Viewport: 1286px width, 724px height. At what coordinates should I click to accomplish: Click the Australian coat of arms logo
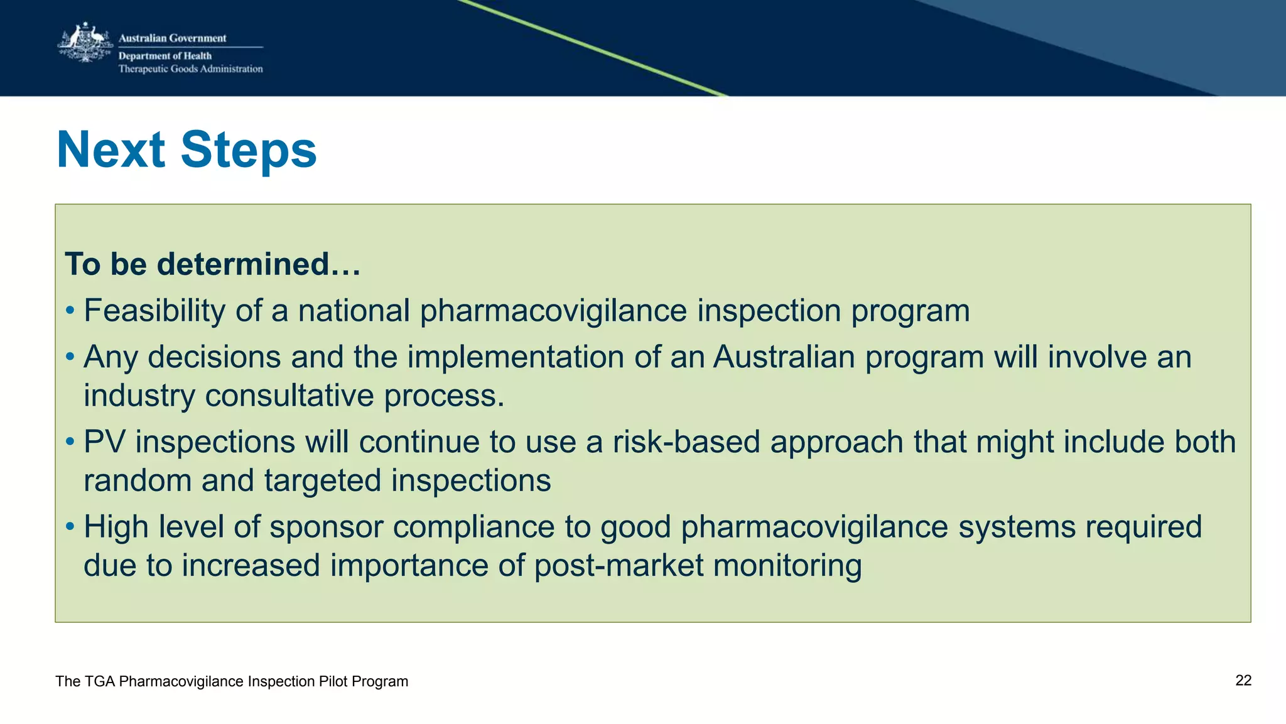tap(84, 43)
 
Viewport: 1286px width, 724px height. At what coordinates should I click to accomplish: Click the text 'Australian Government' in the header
tap(172, 38)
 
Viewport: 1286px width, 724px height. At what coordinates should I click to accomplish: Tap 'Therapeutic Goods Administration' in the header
tap(190, 69)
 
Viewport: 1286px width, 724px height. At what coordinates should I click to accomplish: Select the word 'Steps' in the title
tap(249, 150)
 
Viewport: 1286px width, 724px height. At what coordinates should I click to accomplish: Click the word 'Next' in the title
tap(111, 150)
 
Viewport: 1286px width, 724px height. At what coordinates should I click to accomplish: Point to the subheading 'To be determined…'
tap(212, 264)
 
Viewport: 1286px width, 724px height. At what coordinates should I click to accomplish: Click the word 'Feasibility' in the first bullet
tap(154, 311)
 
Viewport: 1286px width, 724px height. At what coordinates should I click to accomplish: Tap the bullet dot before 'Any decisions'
tap(70, 357)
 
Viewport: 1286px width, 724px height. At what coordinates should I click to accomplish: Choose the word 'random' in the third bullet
tap(138, 481)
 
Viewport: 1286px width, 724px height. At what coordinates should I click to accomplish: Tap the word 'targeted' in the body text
tap(322, 481)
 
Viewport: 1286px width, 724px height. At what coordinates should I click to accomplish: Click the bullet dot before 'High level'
tap(70, 527)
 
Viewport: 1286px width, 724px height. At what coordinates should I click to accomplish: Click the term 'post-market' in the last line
tap(619, 566)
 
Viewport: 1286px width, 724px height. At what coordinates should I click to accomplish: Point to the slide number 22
tap(1243, 681)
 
